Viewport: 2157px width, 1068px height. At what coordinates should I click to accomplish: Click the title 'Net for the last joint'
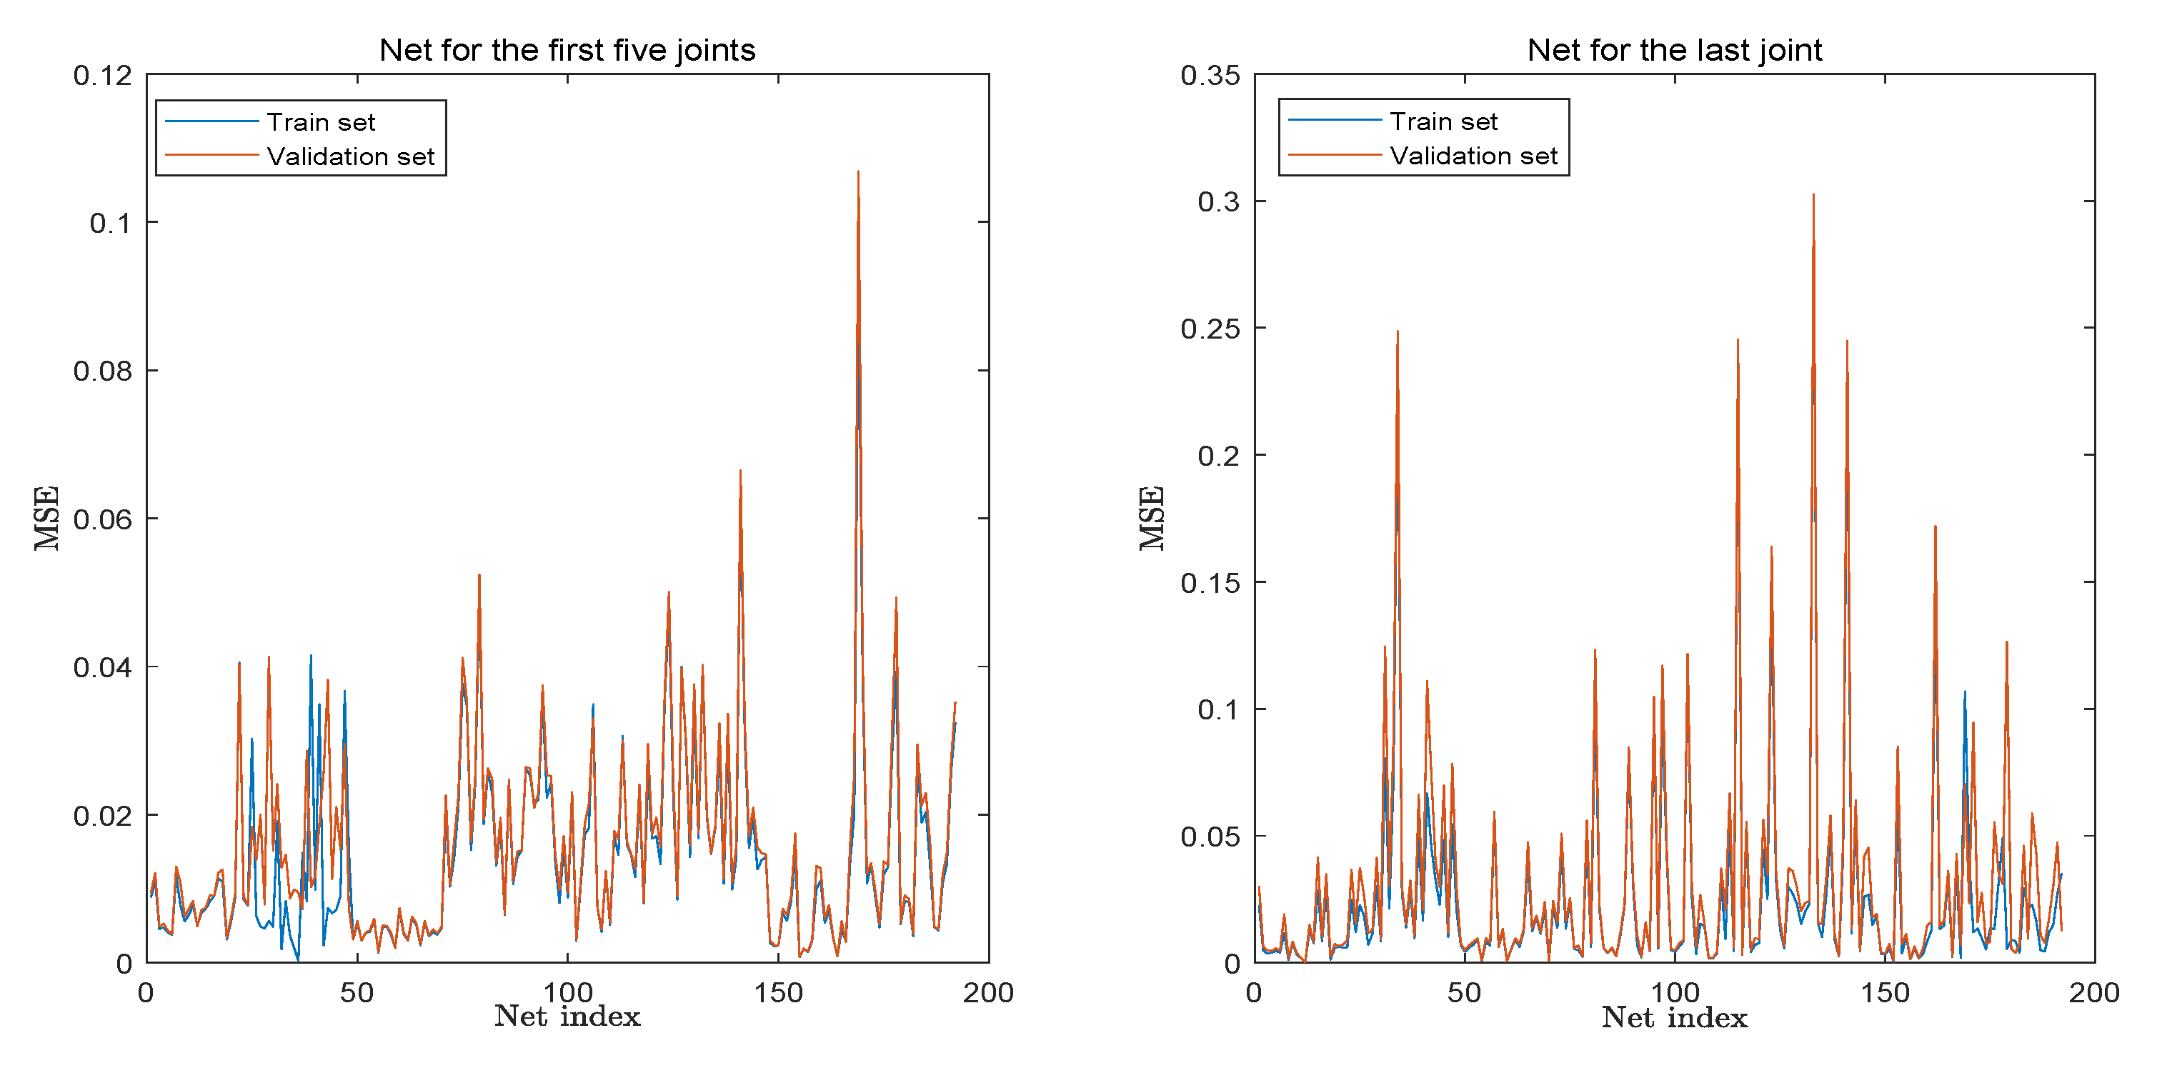click(x=1674, y=50)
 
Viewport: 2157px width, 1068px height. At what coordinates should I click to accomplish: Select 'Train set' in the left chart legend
click(x=321, y=122)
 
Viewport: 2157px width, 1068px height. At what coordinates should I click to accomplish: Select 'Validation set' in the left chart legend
click(x=350, y=156)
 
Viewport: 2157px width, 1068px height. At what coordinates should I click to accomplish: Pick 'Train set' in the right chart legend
click(x=1443, y=121)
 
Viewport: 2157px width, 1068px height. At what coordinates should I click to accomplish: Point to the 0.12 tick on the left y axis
click(x=102, y=76)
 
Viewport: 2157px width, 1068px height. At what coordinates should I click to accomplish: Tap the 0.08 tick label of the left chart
click(x=102, y=371)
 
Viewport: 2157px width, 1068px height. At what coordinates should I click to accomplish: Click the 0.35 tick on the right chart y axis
click(x=1210, y=76)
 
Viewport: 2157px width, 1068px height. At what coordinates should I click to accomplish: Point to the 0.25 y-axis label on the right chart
click(x=1210, y=329)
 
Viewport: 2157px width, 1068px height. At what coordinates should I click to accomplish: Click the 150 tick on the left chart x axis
click(x=778, y=993)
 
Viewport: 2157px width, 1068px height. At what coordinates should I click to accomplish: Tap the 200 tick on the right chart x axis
click(x=2094, y=993)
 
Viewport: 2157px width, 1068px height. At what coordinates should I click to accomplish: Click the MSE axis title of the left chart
click(x=47, y=518)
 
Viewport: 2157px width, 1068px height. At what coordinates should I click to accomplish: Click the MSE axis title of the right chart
click(x=1152, y=518)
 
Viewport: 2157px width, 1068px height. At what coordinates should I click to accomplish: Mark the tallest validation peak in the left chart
click(x=858, y=172)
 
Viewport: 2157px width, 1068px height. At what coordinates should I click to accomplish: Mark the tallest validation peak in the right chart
click(x=1813, y=195)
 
